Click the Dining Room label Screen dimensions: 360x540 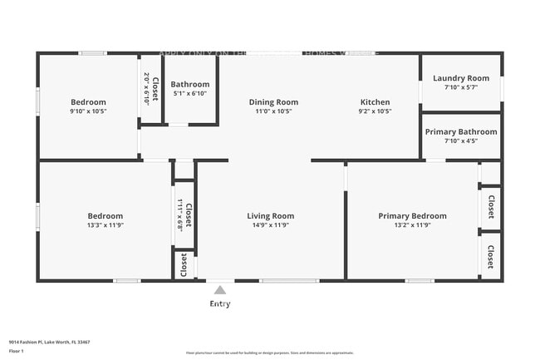[273, 102]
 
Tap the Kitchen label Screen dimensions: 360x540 [375, 102]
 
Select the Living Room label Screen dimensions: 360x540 [271, 216]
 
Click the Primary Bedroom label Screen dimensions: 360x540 [412, 216]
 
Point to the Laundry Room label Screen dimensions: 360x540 [461, 78]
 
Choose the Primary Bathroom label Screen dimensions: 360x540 [461, 132]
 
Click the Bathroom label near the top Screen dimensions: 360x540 [190, 84]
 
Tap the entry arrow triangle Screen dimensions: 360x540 [219, 290]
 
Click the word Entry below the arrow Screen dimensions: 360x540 [219, 303]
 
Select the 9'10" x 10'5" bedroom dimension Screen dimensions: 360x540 [88, 111]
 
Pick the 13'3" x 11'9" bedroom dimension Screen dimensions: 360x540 [106, 224]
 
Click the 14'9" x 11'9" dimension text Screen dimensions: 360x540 [271, 224]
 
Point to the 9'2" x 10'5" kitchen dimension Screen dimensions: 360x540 [375, 111]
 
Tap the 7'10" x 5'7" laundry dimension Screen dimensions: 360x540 [461, 86]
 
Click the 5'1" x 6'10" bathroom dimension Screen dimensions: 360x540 [190, 93]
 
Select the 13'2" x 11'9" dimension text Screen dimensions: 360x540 [412, 224]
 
